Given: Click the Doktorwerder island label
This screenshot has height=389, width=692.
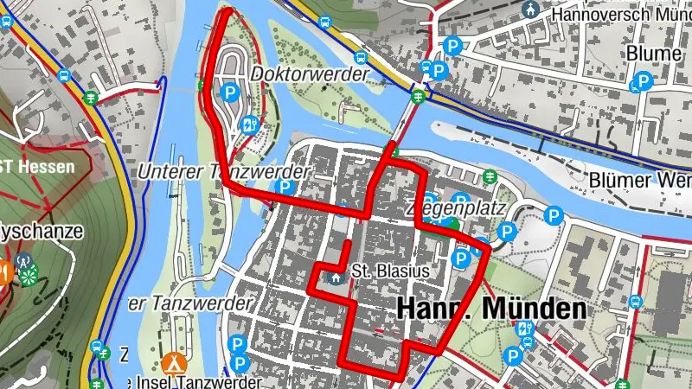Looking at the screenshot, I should point(310,75).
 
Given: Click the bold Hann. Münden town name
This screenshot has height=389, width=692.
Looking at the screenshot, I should point(491,309).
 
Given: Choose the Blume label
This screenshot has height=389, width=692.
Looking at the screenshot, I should point(654,54).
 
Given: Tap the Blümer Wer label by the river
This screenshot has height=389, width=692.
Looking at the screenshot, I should point(641,180).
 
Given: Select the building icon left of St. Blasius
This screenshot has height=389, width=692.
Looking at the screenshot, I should point(336,277).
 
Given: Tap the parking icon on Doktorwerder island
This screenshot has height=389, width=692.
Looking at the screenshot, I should point(230,92).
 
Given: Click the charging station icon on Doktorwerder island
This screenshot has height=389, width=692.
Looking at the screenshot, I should point(251,124).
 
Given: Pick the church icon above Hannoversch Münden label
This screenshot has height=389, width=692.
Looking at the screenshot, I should point(529,8).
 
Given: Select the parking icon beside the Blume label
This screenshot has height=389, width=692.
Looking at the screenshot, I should point(642,83).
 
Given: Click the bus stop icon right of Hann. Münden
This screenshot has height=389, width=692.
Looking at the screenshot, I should point(635,303).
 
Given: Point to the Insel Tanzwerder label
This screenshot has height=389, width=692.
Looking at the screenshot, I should point(192,382).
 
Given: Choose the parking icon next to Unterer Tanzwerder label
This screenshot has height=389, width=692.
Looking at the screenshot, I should point(282,188).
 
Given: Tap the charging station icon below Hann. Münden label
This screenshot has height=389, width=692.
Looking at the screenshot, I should point(523,328).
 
